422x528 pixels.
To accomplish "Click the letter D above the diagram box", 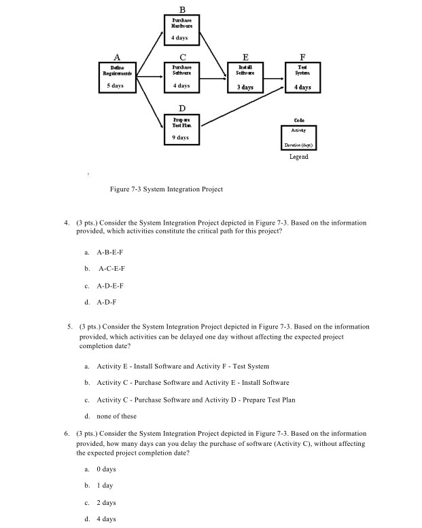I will (x=181, y=109).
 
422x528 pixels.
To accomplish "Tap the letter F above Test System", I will (x=303, y=58).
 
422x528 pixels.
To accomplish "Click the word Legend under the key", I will (x=298, y=156).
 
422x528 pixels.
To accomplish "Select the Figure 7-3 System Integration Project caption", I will (x=166, y=189).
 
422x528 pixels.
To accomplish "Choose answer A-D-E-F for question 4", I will (x=110, y=286).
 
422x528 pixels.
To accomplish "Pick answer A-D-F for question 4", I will (x=106, y=303).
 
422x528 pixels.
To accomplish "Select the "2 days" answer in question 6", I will (x=106, y=503).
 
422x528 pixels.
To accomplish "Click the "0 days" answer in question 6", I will (x=106, y=469).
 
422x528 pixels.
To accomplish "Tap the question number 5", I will (x=70, y=326).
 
